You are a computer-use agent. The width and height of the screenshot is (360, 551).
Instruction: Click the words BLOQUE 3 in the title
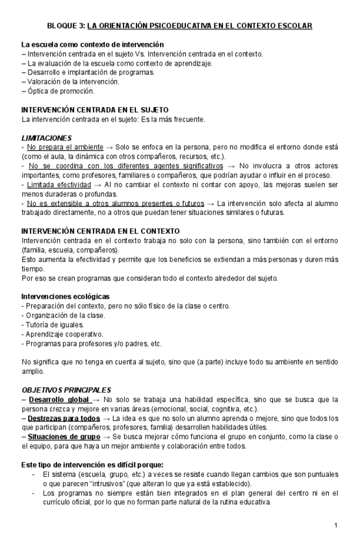pyautogui.click(x=66, y=26)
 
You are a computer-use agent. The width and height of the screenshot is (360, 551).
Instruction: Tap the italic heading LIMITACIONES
pyautogui.click(x=47, y=138)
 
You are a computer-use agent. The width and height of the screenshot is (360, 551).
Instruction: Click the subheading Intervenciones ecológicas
pyautogui.click(x=66, y=297)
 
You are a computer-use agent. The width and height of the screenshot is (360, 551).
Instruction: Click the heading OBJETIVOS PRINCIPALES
pyautogui.click(x=66, y=389)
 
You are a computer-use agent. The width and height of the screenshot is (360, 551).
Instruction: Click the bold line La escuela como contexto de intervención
pyautogui.click(x=92, y=44)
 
